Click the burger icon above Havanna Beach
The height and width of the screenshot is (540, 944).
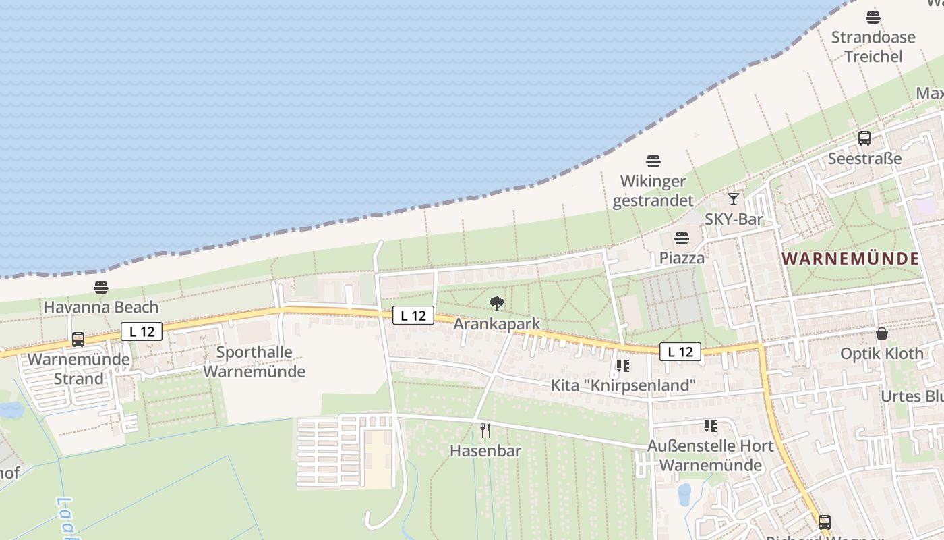pos(101,288)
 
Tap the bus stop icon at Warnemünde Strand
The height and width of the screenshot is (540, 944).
pos(78,340)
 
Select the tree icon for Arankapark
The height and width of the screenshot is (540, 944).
pos(497,304)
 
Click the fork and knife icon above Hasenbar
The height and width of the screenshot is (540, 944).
pos(485,430)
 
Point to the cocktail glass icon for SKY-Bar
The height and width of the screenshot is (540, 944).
pos(734,199)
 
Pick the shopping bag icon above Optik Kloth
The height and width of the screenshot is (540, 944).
pos(882,333)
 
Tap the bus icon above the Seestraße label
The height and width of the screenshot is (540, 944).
pos(864,138)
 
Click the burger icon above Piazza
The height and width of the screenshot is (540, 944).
pos(682,238)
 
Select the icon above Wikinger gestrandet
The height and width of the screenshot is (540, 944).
pos(653,161)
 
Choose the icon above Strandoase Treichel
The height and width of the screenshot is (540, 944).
pos(873,18)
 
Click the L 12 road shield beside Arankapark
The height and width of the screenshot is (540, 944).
pos(413,315)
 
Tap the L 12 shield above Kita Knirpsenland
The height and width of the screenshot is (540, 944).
pos(680,352)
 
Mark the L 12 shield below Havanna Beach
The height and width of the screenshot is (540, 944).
pos(142,331)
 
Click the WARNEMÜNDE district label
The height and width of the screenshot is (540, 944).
pos(851,259)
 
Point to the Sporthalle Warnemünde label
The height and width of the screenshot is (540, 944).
pos(254,362)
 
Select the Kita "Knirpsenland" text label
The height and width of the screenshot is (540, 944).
pos(623,385)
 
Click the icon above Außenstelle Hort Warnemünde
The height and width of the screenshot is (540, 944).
pos(710,426)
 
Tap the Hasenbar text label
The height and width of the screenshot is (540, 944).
pos(485,451)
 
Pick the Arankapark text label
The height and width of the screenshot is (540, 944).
pos(497,324)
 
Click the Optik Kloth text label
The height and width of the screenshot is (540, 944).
pos(882,354)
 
